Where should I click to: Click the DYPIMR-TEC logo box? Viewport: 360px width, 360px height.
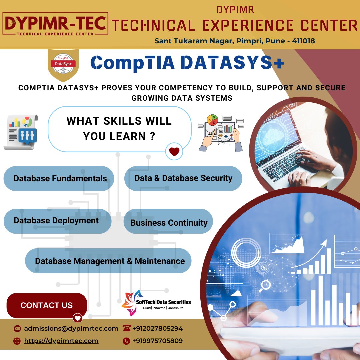click(x=55, y=24)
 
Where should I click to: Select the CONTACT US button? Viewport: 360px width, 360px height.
click(x=47, y=305)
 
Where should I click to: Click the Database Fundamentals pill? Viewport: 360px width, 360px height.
click(x=59, y=178)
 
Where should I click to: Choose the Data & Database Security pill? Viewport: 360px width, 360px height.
click(x=183, y=178)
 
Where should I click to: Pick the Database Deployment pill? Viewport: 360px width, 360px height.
click(x=57, y=221)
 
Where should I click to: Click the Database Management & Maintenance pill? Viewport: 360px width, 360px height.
click(x=108, y=261)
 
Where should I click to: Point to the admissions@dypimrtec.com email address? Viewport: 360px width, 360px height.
click(x=71, y=329)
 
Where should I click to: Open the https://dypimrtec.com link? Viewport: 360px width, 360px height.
click(x=61, y=341)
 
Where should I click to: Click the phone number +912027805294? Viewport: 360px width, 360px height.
click(x=157, y=329)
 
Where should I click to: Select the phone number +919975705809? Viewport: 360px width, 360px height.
click(x=157, y=341)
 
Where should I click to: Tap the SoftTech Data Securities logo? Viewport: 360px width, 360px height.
click(x=156, y=303)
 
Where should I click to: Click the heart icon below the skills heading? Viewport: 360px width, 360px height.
click(x=174, y=151)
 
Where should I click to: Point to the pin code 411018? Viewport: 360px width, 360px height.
click(x=303, y=41)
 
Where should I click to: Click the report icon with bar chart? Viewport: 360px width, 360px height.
click(x=21, y=132)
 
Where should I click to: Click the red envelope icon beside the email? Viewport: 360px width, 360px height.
click(x=17, y=329)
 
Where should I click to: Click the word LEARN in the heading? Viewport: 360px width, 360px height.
click(x=127, y=136)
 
